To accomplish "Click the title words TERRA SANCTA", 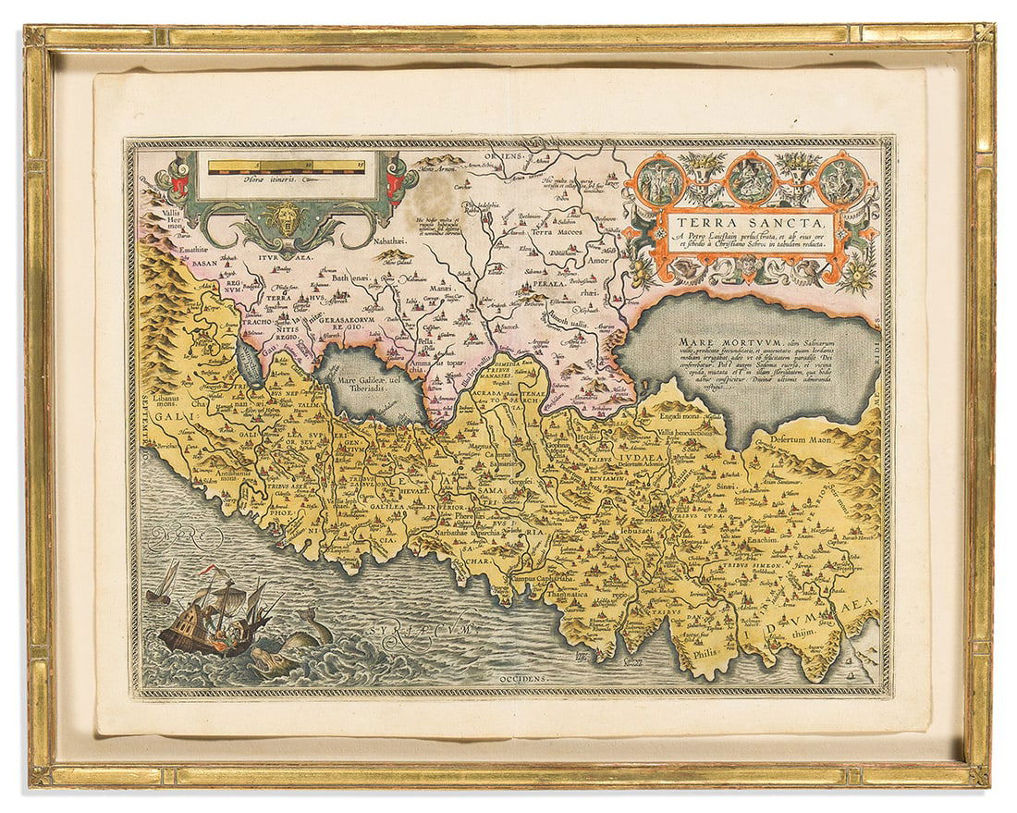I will tap(750, 222).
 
